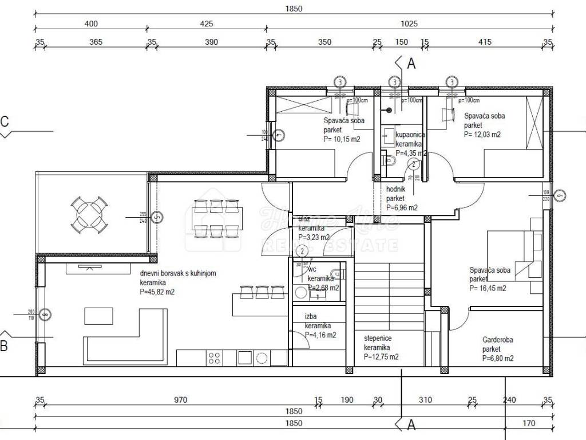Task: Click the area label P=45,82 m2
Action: (157, 292)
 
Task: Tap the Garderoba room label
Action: (497, 340)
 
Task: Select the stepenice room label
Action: (378, 339)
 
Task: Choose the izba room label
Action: (311, 316)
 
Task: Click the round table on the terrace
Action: (90, 215)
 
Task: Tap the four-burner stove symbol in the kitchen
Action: (215, 358)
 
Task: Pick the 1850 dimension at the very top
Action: (293, 9)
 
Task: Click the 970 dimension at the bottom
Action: (180, 400)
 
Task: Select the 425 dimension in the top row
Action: (207, 23)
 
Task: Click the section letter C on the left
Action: (5, 121)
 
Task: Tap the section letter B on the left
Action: (4, 345)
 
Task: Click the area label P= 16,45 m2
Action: (488, 288)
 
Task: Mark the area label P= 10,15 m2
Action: (342, 139)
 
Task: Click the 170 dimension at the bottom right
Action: (529, 423)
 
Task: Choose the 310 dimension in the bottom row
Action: (425, 400)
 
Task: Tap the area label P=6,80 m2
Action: (497, 359)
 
